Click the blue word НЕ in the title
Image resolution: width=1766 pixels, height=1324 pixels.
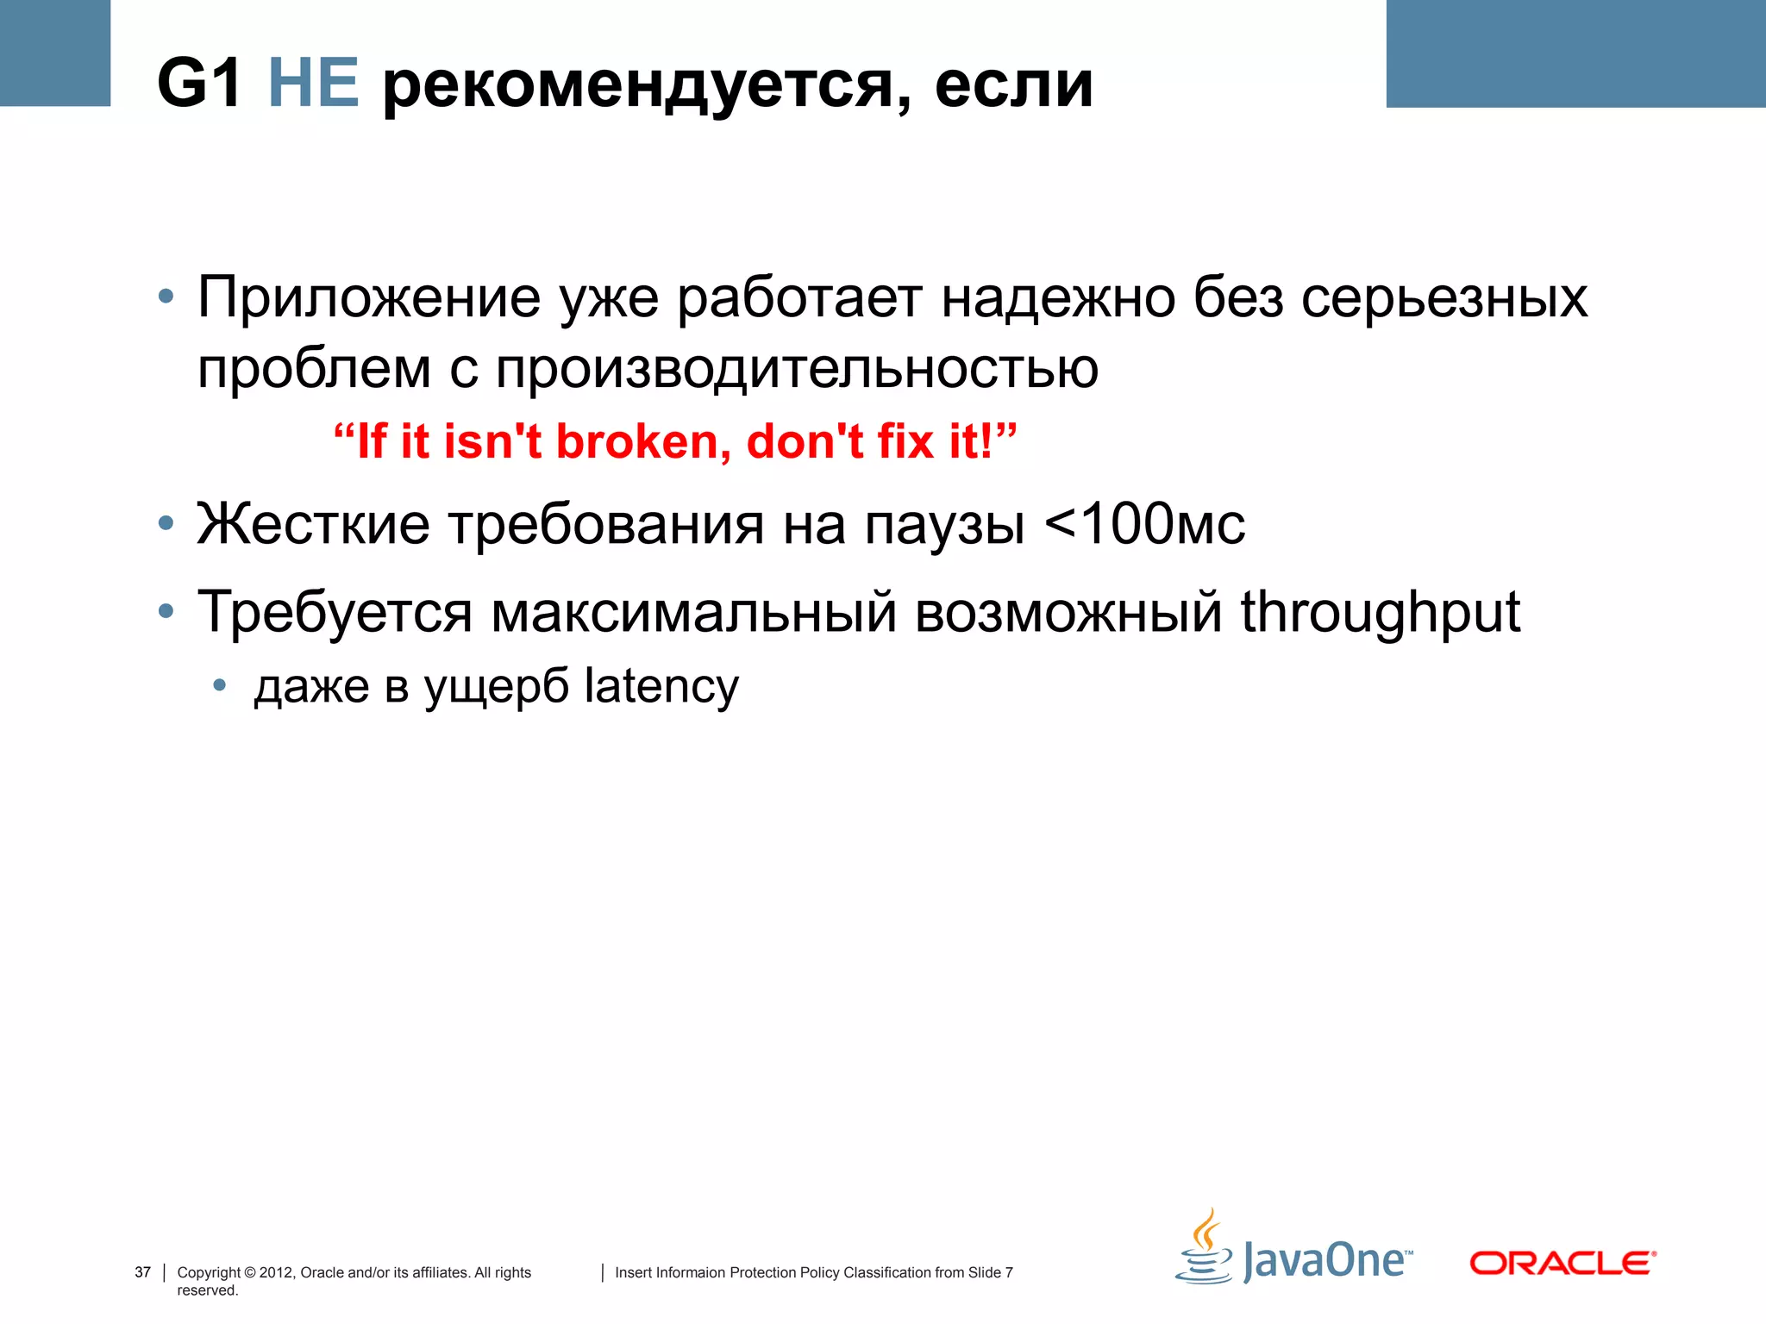coord(313,84)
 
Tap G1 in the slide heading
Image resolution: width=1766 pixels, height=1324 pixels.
coord(199,84)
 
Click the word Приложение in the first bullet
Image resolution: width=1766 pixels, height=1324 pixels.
coord(369,298)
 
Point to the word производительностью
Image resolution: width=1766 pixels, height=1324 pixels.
coord(797,369)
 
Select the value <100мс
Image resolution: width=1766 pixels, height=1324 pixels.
coord(1144,524)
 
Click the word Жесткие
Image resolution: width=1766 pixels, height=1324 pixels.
coord(313,524)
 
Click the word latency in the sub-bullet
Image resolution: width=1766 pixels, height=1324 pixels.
coord(661,687)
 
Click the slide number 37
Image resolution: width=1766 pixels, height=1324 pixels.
coord(143,1272)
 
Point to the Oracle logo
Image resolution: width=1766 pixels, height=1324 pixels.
coord(1562,1264)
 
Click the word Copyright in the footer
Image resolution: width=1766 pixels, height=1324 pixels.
coord(209,1272)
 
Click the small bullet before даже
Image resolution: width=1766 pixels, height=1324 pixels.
coord(220,686)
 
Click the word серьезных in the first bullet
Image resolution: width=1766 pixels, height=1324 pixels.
coord(1444,298)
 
